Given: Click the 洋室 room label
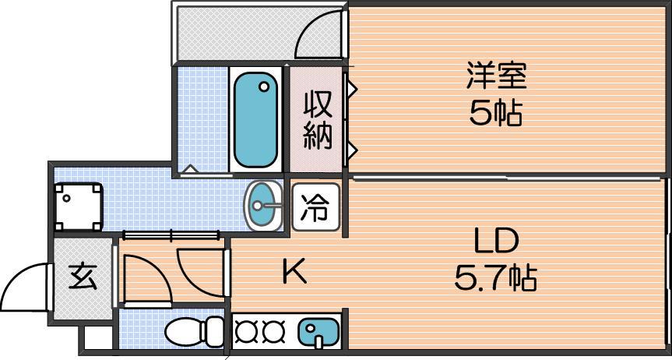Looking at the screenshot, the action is tap(496, 76).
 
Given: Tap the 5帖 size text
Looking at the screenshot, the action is tap(496, 114).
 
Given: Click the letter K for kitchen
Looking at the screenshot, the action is tap(295, 272).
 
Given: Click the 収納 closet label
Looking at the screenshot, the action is tap(318, 122).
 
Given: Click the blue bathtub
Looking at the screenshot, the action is tap(256, 120).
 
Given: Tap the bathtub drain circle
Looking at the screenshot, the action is tap(264, 87).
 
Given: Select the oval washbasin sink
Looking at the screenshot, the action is tap(263, 205).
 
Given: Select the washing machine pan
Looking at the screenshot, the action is tap(79, 206).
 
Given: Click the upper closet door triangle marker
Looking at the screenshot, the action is tap(352, 88).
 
